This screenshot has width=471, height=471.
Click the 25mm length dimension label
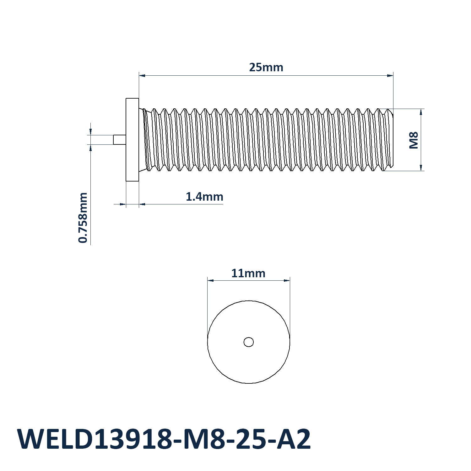click(x=266, y=67)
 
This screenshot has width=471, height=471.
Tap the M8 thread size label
click(x=414, y=140)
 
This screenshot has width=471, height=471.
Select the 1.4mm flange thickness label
click(x=204, y=197)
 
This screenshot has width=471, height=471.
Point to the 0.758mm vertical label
click(x=83, y=218)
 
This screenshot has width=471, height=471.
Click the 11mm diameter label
click(x=248, y=273)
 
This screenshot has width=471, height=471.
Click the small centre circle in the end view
click(x=249, y=342)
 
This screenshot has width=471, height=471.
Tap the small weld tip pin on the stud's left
click(x=120, y=140)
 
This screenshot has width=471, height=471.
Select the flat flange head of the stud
click(x=132, y=140)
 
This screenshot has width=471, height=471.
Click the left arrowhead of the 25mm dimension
click(x=142, y=75)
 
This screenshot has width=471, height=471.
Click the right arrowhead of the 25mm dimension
click(x=390, y=75)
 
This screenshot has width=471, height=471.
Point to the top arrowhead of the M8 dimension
click(x=421, y=112)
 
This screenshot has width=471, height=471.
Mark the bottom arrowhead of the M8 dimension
click(x=421, y=168)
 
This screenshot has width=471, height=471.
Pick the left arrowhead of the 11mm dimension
click(x=211, y=280)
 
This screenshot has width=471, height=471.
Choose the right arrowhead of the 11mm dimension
click(x=286, y=280)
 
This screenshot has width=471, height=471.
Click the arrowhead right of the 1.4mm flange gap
click(x=142, y=204)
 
